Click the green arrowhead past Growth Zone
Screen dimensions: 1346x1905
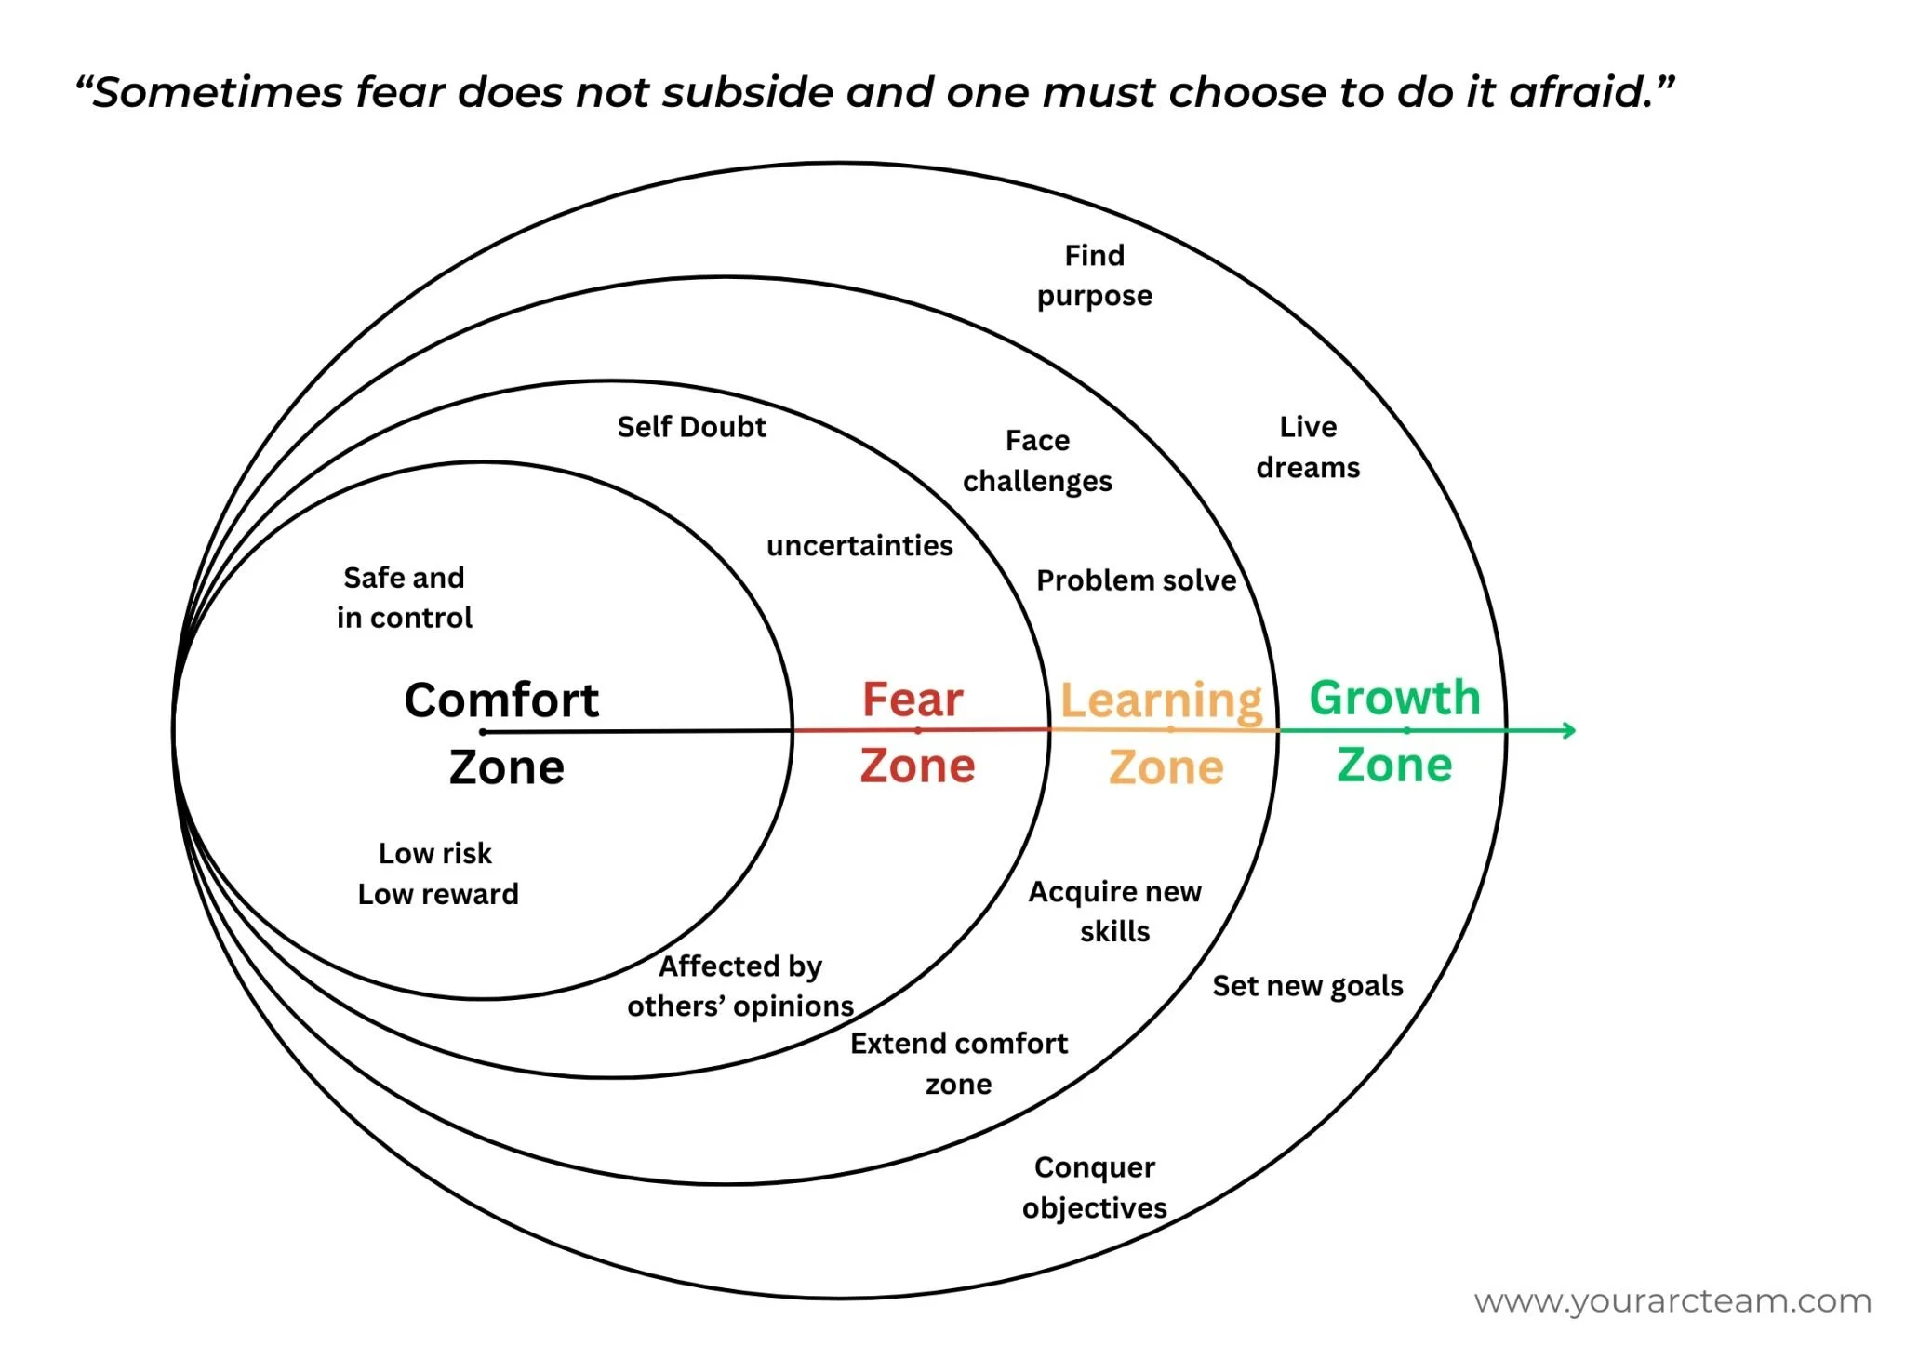pos(1567,730)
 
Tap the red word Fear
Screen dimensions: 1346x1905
pos(913,700)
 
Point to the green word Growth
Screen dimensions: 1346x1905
pos(1394,698)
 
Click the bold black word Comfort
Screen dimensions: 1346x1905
pos(501,700)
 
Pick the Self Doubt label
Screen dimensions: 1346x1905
pos(691,427)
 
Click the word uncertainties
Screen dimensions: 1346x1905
pos(859,545)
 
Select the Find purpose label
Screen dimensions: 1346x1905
pos(1095,275)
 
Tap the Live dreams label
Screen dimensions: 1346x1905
pos(1308,446)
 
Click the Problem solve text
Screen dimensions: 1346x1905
pos(1136,580)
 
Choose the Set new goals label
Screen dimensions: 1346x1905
pos(1307,986)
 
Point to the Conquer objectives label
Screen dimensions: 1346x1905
pos(1095,1187)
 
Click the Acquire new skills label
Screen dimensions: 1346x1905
pos(1114,912)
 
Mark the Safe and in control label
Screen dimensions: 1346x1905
pos(405,597)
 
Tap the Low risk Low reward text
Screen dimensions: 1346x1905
pos(437,873)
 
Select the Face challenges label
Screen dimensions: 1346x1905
pos(1037,460)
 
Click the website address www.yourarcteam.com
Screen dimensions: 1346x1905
pos(1672,1300)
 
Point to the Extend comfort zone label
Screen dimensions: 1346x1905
pos(959,1063)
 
